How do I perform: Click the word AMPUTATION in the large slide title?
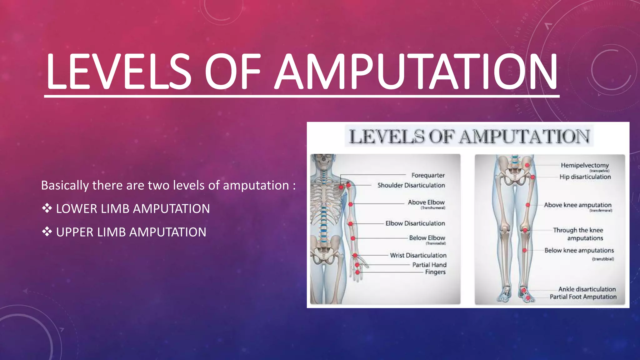pos(416,72)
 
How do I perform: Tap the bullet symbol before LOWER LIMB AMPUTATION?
pos(47,208)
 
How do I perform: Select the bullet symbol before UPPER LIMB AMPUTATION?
pos(47,232)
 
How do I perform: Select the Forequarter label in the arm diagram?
pos(428,175)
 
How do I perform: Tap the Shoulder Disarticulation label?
pos(411,185)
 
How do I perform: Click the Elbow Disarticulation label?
pos(415,223)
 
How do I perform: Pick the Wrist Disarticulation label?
pos(418,255)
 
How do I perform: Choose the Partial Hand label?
pos(429,265)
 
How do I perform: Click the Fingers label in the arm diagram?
pos(435,272)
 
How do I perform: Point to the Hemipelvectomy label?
pos(584,165)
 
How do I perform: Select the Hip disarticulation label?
pos(585,177)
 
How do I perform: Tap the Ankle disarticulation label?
pos(587,289)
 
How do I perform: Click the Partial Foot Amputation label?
pos(583,297)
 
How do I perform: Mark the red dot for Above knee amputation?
pos(528,205)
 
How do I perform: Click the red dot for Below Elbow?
pos(353,238)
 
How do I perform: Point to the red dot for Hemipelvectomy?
pos(527,165)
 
